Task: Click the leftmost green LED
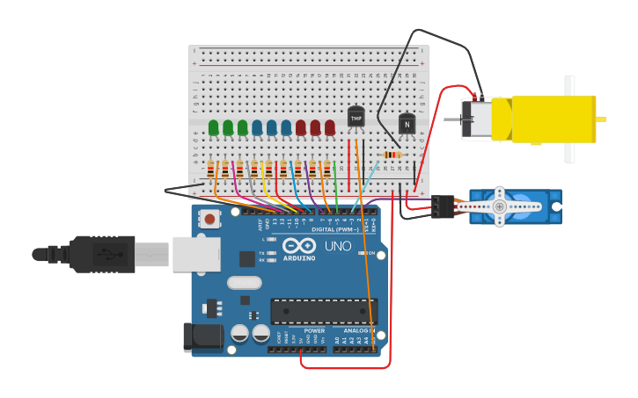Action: [213, 128]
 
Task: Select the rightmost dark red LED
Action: [329, 128]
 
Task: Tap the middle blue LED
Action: [271, 128]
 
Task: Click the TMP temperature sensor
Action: [356, 117]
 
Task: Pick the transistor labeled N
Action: [407, 125]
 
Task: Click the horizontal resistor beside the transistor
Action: [392, 155]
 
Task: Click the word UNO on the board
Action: [338, 246]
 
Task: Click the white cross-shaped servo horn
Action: [499, 206]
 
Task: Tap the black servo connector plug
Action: [443, 206]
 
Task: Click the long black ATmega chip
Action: [323, 311]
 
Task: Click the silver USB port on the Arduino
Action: [196, 253]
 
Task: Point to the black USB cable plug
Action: [102, 254]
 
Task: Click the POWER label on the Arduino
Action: [314, 331]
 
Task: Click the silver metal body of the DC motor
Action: [479, 119]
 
